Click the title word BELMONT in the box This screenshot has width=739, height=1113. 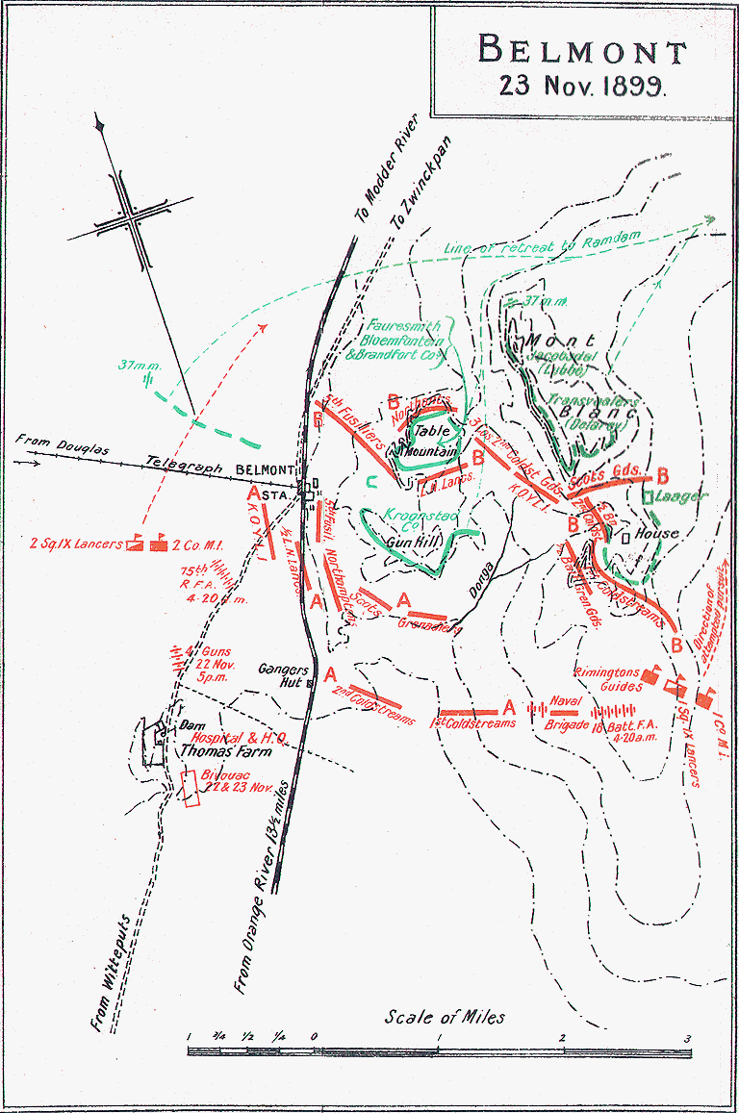pyautogui.click(x=571, y=50)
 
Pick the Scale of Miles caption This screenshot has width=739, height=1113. pyautogui.click(x=445, y=1017)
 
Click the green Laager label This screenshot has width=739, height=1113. pyautogui.click(x=684, y=496)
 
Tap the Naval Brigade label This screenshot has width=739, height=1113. pyautogui.click(x=568, y=713)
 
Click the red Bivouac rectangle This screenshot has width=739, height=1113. pyautogui.click(x=191, y=788)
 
